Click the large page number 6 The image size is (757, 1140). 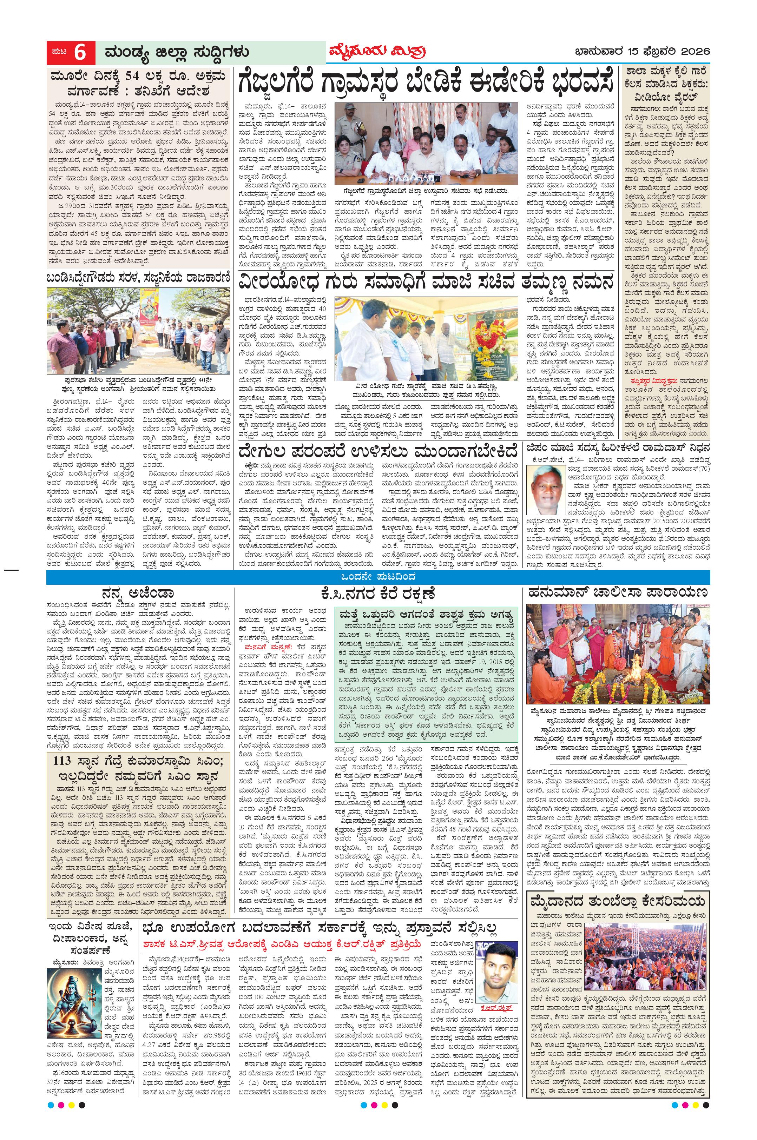pos(80,52)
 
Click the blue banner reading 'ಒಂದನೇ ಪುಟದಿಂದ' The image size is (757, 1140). pos(378,577)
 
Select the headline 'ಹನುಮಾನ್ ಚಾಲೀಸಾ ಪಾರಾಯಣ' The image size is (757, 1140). pos(618,592)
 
